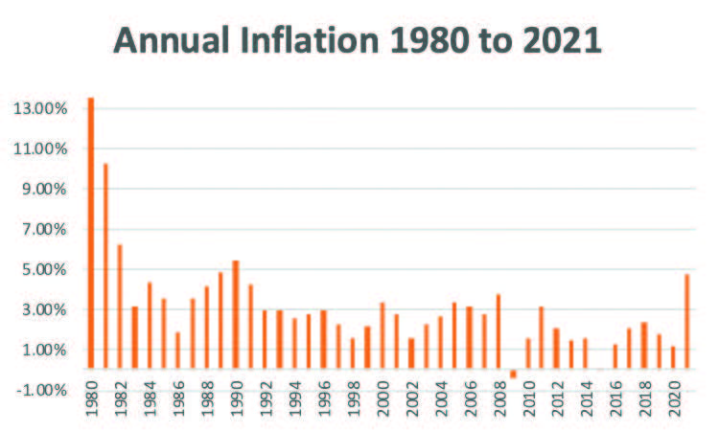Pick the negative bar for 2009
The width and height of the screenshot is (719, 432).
click(x=513, y=374)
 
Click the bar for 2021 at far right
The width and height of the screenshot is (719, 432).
click(x=687, y=321)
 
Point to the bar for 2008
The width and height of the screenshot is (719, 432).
click(x=499, y=331)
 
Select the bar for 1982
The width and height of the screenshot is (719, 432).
click(x=120, y=307)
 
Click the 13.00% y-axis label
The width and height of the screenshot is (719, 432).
click(x=41, y=108)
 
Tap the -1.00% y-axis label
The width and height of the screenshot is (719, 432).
click(x=41, y=390)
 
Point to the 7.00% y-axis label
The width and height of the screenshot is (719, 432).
click(x=41, y=229)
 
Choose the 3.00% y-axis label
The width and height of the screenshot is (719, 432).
click(x=41, y=309)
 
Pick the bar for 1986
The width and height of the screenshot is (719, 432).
click(x=178, y=350)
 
